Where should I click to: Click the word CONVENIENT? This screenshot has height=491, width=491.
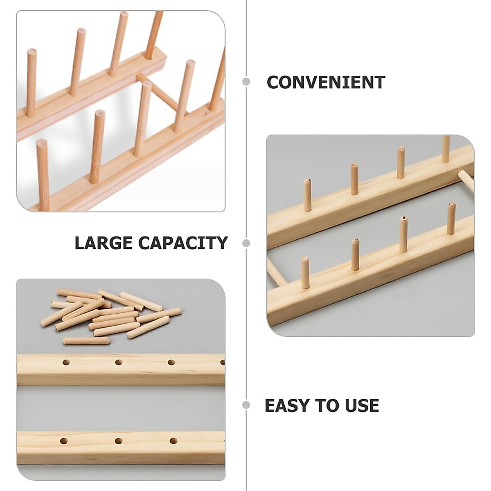[x=326, y=82]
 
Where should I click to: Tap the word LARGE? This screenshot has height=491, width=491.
[x=104, y=243]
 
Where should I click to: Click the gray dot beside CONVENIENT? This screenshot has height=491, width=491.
[x=246, y=81]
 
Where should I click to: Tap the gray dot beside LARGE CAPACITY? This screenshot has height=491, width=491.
[x=246, y=243]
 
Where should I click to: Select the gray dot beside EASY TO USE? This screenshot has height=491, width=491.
[x=246, y=405]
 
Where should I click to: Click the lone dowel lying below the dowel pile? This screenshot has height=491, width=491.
[x=86, y=341]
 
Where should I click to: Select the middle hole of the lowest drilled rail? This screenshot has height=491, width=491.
[x=119, y=441]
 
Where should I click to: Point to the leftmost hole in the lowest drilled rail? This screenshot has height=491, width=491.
[x=64, y=441]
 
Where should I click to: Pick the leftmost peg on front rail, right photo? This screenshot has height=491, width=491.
[x=305, y=273]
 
